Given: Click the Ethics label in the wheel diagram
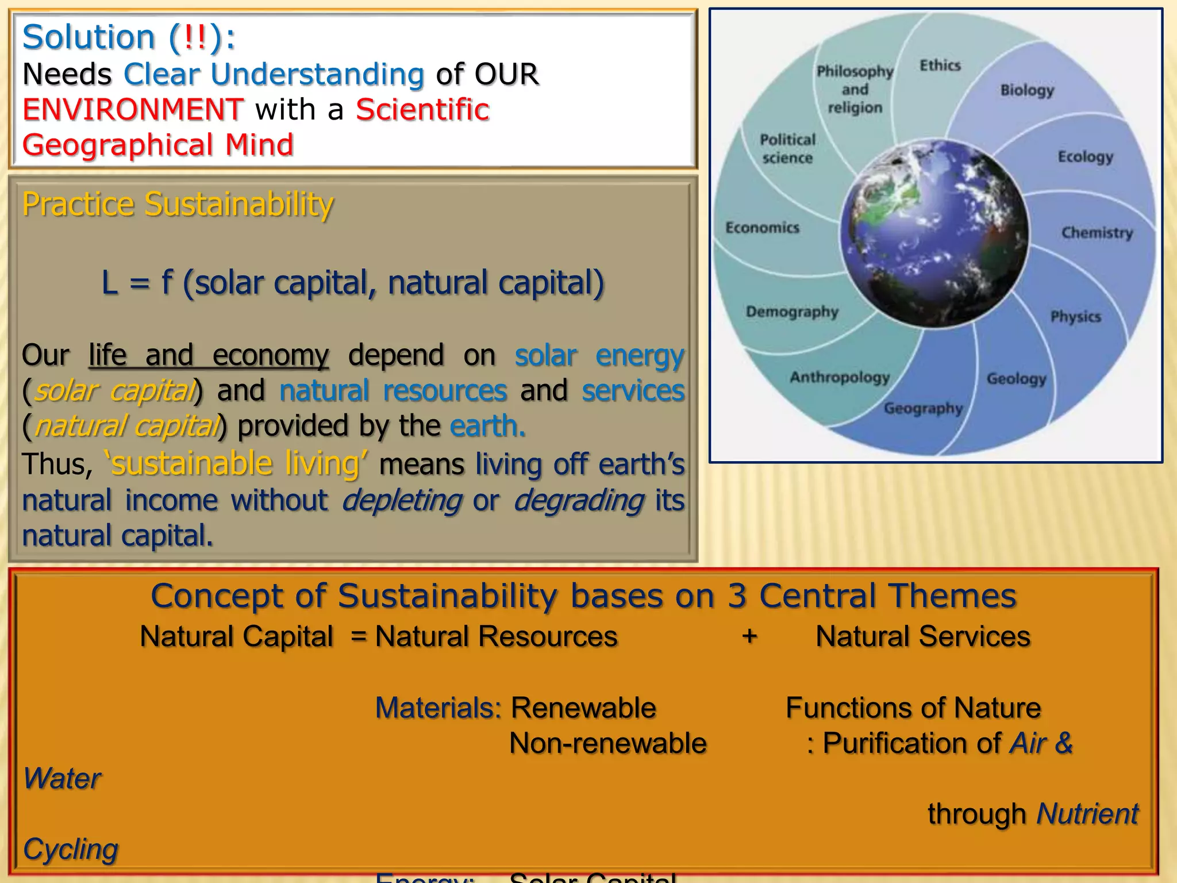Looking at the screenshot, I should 940,66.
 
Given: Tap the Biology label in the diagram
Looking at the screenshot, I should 1027,90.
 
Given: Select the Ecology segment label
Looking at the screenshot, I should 1085,157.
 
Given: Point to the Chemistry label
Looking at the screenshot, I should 1097,233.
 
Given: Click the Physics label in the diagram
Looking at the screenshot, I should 1075,317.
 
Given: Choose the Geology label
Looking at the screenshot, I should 1016,379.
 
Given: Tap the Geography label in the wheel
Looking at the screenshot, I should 923,409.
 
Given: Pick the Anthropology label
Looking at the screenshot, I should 840,378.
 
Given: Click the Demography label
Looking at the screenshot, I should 792,312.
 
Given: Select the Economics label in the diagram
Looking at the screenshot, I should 762,228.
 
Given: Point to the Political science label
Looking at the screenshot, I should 787,149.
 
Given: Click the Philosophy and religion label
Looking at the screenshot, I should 855,90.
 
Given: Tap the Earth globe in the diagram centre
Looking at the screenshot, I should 934,233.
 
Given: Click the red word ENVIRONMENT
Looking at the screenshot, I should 133,110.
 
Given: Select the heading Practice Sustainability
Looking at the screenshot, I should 178,204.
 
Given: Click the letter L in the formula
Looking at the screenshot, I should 109,283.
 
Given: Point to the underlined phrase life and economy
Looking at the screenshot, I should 209,355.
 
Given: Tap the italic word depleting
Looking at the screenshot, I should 401,500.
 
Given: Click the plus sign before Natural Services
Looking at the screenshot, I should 749,636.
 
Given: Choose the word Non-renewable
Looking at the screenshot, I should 607,743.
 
